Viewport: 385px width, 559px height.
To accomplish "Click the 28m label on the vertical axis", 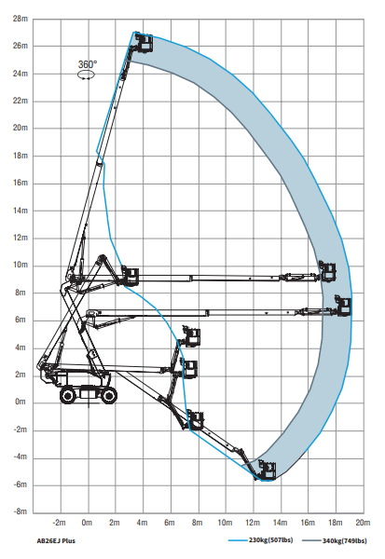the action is point(20,19).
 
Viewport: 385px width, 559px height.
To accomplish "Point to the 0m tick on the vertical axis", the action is point(21,402).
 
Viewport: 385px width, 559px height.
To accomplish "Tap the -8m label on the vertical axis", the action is point(20,511).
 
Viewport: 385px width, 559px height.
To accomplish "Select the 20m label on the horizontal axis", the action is point(363,523).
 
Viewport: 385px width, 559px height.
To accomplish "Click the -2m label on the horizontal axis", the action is point(60,523).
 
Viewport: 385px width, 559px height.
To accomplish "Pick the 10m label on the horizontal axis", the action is point(225,523).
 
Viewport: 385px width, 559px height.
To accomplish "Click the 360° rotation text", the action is point(88,64).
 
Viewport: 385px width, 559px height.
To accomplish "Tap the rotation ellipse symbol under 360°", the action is point(87,75).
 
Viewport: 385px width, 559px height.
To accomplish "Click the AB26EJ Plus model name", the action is point(56,540).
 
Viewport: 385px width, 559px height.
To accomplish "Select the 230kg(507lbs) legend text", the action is point(271,540).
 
